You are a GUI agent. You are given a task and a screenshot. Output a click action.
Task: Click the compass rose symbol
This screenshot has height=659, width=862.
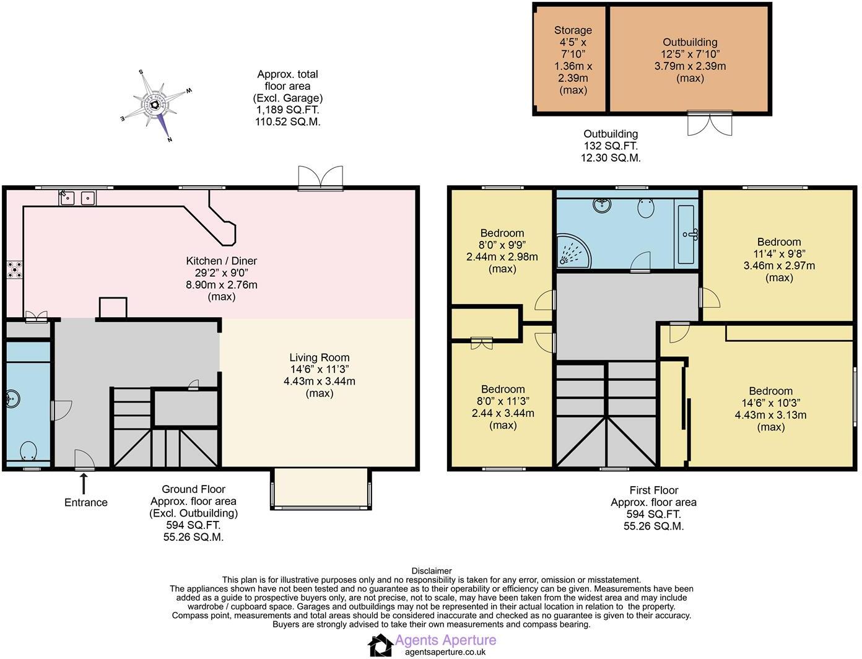point(156,105)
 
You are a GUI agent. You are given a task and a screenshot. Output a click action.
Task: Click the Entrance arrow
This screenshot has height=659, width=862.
point(84,482)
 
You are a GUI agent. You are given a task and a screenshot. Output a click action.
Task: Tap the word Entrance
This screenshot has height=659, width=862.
point(86,502)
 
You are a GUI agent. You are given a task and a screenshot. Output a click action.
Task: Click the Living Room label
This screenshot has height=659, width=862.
point(320,357)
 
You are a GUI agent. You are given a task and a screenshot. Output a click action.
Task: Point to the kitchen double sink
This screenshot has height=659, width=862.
point(78,198)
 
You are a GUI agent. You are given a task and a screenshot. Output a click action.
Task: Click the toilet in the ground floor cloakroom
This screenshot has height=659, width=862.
point(28,450)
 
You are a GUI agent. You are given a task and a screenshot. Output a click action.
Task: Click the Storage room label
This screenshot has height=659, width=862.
point(573,30)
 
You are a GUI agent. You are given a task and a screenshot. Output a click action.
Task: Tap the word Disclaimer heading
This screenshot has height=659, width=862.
point(432,571)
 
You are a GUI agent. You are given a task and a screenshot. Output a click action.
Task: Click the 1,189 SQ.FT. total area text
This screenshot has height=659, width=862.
point(287,110)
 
